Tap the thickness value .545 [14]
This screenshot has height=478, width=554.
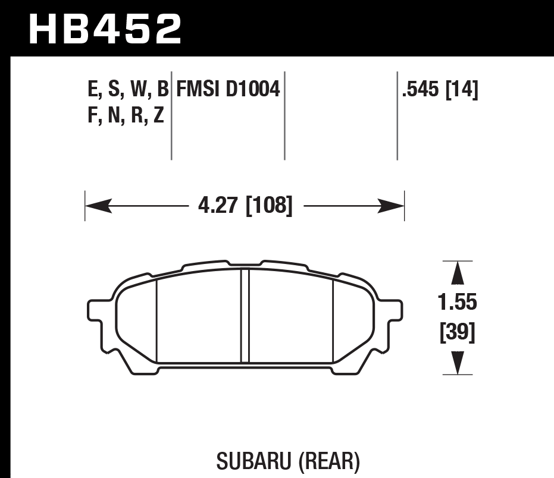point(440,90)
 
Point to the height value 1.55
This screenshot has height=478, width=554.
point(457,303)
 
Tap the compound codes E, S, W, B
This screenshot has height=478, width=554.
point(127,90)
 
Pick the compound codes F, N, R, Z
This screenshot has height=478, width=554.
point(126,115)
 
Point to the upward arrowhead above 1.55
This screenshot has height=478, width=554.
point(457,274)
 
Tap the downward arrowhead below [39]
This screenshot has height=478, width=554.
point(457,362)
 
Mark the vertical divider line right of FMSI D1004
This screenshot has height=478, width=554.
point(284,116)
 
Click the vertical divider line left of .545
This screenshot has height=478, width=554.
point(397,116)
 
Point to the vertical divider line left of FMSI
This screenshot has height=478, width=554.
point(171,116)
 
